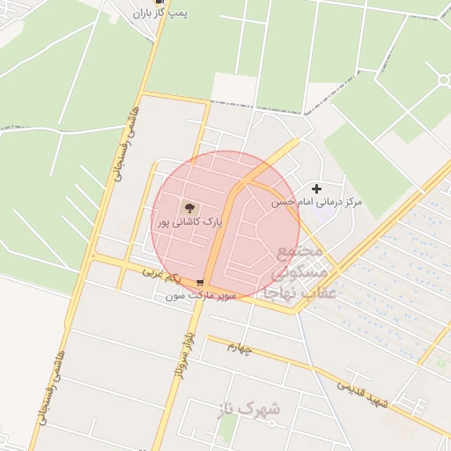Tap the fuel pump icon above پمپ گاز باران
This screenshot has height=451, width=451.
point(159,3)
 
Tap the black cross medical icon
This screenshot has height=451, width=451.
point(317,189)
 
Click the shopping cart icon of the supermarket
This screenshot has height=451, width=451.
point(200,284)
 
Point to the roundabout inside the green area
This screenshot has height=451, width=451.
point(443,80)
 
